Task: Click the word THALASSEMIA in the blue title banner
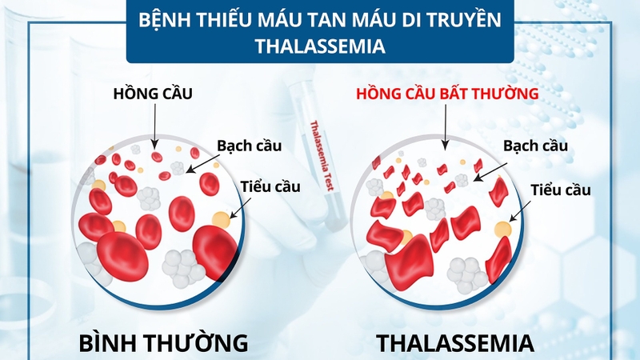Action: pyautogui.click(x=320, y=46)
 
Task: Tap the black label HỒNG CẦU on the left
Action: pyautogui.click(x=152, y=95)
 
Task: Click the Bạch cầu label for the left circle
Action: pyautogui.click(x=247, y=146)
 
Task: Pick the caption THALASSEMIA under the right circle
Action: pyautogui.click(x=454, y=343)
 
